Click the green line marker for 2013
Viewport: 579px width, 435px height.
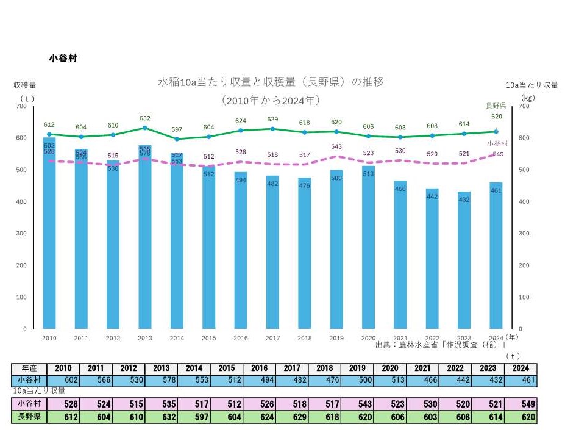(x=145, y=128)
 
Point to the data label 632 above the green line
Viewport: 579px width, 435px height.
(x=145, y=118)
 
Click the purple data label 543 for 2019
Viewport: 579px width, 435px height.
(x=336, y=147)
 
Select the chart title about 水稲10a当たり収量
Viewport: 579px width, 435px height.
(x=271, y=82)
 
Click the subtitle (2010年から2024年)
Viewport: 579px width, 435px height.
(x=271, y=99)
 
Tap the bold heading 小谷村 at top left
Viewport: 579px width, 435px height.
(x=63, y=59)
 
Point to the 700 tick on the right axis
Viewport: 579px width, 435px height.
(x=524, y=106)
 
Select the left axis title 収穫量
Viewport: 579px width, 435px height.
(x=25, y=85)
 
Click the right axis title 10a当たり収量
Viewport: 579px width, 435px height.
(x=532, y=85)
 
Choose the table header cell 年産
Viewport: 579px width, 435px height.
(x=29, y=368)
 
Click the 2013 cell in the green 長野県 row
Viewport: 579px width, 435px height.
(x=161, y=417)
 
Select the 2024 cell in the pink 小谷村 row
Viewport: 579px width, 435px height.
(x=521, y=404)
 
